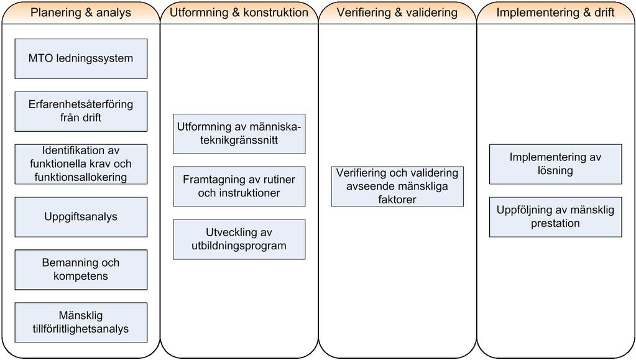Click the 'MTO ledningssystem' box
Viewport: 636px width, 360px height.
[x=81, y=59]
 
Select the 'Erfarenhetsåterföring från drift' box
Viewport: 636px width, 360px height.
[x=81, y=112]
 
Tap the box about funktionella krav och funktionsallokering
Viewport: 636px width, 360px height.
[x=81, y=164]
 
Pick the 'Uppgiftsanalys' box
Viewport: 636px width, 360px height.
[x=81, y=217]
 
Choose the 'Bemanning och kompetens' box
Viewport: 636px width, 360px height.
[x=81, y=270]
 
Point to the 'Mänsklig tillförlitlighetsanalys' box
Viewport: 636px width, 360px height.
[x=81, y=323]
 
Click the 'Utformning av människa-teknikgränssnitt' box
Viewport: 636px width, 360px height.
[x=239, y=134]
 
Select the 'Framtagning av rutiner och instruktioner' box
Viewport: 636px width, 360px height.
[x=239, y=187]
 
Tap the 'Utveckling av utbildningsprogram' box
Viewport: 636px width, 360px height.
[x=239, y=239]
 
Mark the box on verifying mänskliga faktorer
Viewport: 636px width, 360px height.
[x=397, y=187]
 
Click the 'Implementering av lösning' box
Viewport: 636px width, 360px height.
[x=556, y=164]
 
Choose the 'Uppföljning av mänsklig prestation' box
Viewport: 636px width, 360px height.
[x=556, y=217]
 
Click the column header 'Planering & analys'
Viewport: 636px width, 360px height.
[x=81, y=12]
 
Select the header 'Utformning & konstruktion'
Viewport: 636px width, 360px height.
[x=239, y=12]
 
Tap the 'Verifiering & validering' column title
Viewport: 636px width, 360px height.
[x=397, y=12]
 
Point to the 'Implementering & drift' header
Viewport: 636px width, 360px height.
[x=555, y=12]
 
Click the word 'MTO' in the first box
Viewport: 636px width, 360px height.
[x=40, y=58]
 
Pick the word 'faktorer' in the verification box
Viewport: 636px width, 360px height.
[x=397, y=200]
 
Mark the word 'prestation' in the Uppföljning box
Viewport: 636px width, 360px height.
[x=555, y=223]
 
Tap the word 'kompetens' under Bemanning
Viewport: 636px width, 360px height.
[x=81, y=276]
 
